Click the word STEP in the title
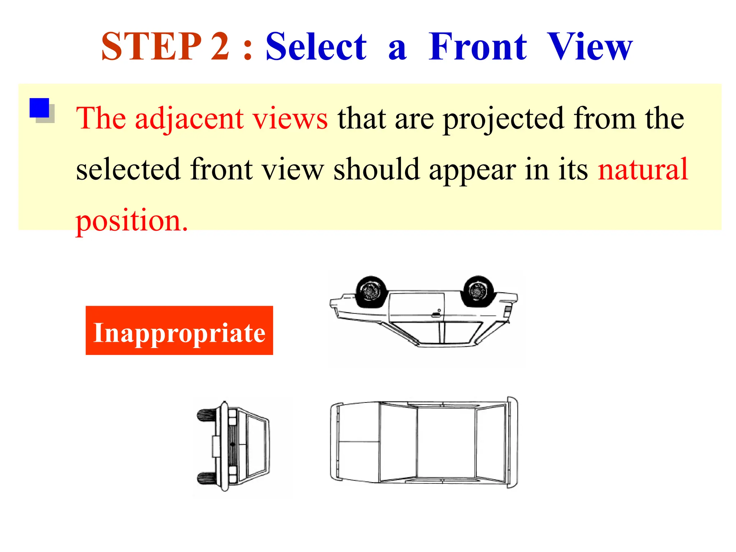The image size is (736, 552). (151, 47)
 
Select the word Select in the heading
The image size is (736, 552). (316, 47)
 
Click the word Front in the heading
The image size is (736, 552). (478, 47)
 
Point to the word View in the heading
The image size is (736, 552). (589, 47)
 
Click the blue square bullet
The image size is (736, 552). (40, 108)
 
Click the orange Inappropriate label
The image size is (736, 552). (179, 331)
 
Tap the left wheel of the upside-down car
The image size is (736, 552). (371, 291)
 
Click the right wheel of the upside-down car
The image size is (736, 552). (478, 291)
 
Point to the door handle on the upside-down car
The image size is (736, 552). (436, 315)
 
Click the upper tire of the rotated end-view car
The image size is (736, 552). (207, 415)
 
